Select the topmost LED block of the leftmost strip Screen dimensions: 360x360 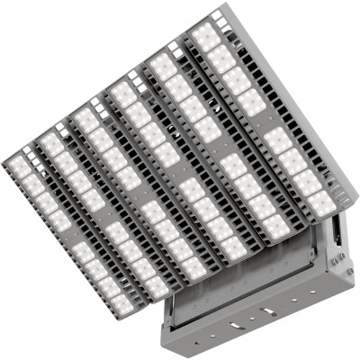[x=19, y=166]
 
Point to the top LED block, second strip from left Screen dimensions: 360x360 [x=51, y=141]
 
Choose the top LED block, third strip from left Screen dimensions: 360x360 [x=86, y=117]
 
